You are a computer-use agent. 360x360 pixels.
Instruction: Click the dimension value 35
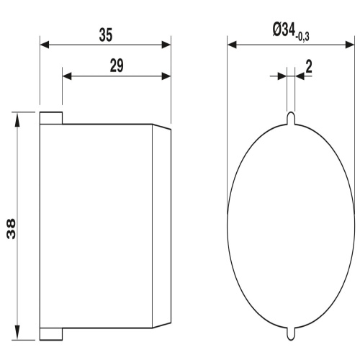106,35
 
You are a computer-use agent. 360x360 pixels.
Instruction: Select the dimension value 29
117,66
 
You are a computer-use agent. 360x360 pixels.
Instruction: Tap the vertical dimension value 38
11,229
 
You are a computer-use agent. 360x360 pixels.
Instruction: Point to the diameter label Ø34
284,30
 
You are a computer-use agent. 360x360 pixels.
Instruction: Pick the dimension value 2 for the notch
309,67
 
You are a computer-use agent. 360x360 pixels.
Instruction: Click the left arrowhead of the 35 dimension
45,45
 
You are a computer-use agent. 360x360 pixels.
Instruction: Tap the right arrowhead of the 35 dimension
166,45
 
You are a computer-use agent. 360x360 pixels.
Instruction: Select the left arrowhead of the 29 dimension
67,76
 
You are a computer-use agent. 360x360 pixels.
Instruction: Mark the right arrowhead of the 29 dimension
166,76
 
